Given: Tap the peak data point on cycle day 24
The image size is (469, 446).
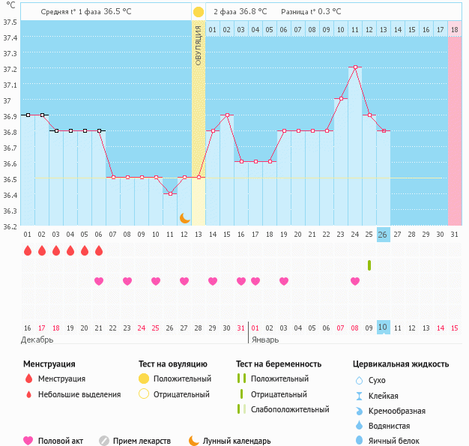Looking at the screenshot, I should [355, 67].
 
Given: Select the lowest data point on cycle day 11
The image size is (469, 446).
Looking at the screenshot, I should [170, 193].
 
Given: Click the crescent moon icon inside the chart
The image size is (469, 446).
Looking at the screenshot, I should [184, 217].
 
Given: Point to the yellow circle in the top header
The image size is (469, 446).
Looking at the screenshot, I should [198, 12].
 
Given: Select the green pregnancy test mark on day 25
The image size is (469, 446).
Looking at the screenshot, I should [369, 265].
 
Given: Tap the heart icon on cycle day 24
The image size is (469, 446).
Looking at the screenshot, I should [355, 281].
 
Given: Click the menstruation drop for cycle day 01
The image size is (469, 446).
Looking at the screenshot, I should [28, 250].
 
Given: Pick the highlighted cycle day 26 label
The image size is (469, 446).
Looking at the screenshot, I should [383, 235].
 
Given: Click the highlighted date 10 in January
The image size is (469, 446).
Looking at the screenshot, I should [383, 328].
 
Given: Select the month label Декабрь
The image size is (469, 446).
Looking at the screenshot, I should [37, 340].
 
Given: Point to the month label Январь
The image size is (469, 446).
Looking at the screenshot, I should [265, 340].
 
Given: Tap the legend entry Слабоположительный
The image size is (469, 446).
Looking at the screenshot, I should [290, 409].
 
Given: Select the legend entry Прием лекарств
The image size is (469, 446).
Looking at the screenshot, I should [142, 442].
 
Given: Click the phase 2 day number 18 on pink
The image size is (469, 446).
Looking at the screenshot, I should [455, 29].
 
